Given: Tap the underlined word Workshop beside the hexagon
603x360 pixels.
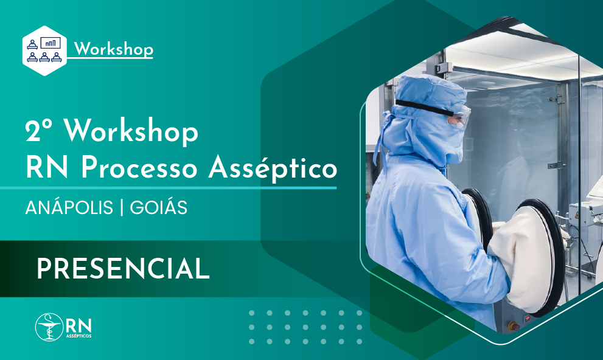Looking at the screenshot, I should [113, 49].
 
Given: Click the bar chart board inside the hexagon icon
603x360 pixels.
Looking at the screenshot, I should [50, 43].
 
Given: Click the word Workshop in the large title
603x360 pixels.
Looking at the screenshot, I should [131, 133].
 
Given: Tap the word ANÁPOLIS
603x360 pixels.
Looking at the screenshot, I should [69, 207].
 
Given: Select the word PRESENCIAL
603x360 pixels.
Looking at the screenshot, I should [123, 268].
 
